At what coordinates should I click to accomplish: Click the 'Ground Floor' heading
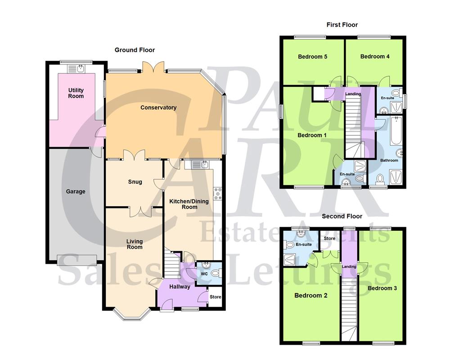point(135,50)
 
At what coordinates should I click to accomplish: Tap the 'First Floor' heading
point(342,25)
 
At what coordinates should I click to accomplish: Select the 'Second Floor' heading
point(342,216)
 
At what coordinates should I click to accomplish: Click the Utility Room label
point(76,93)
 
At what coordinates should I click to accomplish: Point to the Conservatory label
point(158,108)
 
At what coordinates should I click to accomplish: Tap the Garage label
point(76,192)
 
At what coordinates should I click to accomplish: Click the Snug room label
point(135,182)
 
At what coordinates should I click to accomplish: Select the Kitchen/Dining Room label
point(189,204)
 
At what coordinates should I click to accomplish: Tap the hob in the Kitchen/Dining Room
point(218,193)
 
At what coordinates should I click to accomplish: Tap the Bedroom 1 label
point(312,135)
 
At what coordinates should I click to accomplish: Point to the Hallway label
point(180,287)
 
